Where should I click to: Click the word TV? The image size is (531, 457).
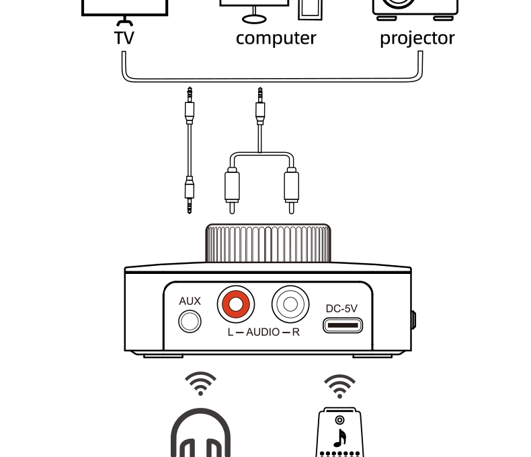click(x=124, y=38)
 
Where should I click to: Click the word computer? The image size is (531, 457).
click(x=276, y=38)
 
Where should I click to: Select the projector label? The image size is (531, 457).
click(x=417, y=38)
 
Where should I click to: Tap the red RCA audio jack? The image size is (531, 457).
click(x=236, y=305)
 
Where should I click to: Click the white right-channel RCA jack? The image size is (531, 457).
click(x=290, y=304)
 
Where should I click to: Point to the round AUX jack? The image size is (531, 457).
click(x=190, y=322)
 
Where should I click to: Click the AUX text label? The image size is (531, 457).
click(x=190, y=302)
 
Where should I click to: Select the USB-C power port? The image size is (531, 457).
click(x=342, y=325)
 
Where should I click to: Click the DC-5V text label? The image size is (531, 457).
click(x=341, y=308)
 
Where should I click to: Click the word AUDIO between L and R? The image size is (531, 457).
click(x=263, y=332)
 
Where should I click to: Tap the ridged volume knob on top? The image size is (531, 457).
click(x=268, y=244)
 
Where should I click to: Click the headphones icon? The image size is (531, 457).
click(x=200, y=434)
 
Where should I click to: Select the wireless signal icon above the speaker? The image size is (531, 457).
click(x=340, y=386)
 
